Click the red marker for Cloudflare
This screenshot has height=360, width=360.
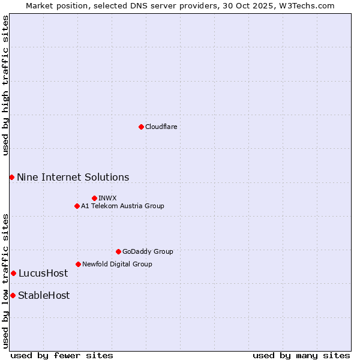[141, 127]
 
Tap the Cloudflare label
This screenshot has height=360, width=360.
[161, 127]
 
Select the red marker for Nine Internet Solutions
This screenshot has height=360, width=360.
[11, 177]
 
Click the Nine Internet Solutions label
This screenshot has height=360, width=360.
[73, 177]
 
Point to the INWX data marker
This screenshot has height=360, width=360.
[94, 198]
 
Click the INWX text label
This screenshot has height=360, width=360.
[107, 198]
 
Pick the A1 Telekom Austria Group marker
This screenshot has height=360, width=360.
[77, 206]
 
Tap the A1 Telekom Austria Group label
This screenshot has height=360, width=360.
[122, 206]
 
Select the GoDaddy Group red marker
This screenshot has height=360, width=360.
[118, 251]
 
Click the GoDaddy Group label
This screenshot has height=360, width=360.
[147, 251]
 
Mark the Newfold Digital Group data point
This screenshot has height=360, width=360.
[78, 264]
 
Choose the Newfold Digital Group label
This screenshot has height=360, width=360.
[117, 264]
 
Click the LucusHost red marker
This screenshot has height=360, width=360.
[13, 273]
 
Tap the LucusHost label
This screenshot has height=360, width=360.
[43, 273]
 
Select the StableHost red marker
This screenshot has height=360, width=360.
[13, 295]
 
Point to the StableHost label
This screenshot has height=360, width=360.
[43, 295]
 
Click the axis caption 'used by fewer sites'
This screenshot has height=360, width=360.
[62, 355]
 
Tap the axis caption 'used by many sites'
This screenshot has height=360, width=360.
[301, 355]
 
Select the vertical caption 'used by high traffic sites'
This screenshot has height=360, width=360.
[5, 86]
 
